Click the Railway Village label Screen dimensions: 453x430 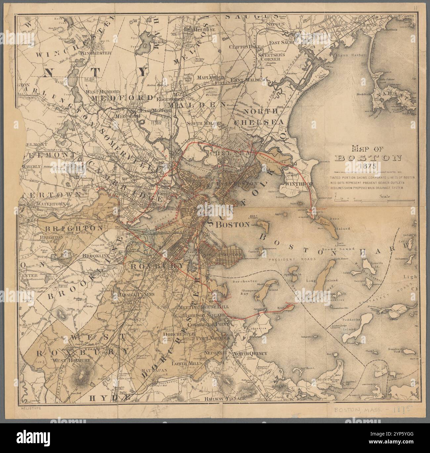[225, 399]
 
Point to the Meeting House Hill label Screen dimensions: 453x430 [204, 307]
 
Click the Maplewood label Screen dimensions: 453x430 [211, 77]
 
